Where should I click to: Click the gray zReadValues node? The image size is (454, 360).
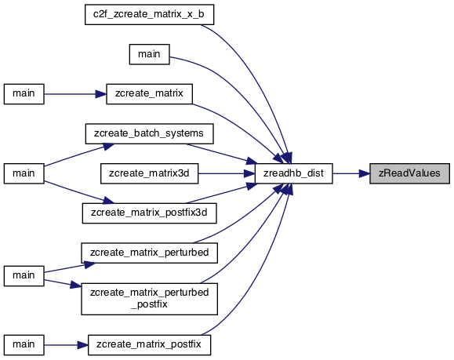[x=409, y=173]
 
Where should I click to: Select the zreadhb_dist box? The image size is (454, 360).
[x=293, y=173]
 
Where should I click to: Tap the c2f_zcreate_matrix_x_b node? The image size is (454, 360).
[x=149, y=14]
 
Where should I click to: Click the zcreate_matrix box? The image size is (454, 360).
[x=149, y=94]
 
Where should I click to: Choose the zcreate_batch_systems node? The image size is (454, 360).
[x=149, y=133]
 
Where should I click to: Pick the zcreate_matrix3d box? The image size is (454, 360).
[x=149, y=173]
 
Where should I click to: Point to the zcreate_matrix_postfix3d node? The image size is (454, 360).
[x=149, y=213]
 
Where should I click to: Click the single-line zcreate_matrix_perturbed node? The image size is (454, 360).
[x=149, y=253]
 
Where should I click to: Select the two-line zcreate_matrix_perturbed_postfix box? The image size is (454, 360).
[x=149, y=299]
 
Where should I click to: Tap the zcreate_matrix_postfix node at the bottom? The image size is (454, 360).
[x=149, y=345]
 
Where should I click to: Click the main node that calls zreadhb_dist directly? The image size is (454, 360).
[x=149, y=54]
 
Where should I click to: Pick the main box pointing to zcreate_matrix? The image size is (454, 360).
[x=24, y=94]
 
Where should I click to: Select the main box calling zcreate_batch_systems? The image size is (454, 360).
[x=24, y=173]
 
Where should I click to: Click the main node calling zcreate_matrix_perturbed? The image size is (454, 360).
[x=24, y=276]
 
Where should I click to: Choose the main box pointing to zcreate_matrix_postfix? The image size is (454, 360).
[x=24, y=345]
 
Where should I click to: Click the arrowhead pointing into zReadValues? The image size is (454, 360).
[x=365, y=173]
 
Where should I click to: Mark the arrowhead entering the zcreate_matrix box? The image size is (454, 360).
[x=101, y=94]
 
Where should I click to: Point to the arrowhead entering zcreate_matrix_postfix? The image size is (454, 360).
[x=82, y=345]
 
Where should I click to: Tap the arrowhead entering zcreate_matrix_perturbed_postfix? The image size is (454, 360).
[x=76, y=285]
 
